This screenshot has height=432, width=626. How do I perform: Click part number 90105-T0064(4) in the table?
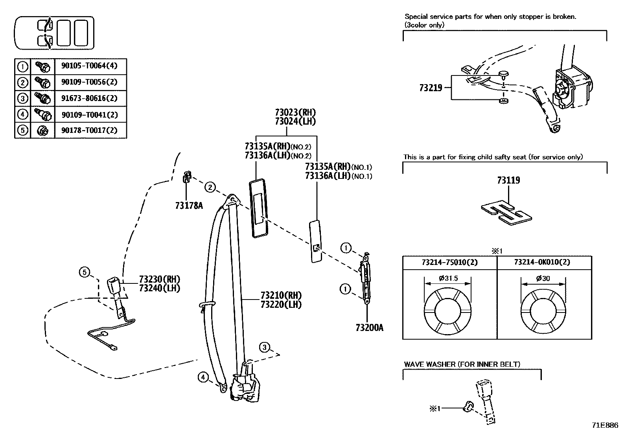click(89, 66)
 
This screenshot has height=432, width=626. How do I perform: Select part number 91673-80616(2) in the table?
click(89, 98)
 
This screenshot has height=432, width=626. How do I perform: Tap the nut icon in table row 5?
click(42, 131)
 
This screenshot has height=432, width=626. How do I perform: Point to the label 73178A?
click(189, 205)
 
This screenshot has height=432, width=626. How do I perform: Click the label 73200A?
click(369, 327)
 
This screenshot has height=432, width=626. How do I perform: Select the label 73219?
click(431, 88)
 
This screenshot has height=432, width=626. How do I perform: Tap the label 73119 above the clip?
click(508, 180)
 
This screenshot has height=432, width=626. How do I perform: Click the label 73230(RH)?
click(159, 279)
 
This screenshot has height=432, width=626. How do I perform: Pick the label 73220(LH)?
click(281, 304)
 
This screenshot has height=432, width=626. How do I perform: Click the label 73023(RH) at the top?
click(295, 113)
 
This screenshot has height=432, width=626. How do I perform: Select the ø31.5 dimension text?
click(448, 278)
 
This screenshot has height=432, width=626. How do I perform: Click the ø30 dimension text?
click(543, 278)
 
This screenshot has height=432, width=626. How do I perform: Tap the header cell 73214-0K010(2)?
click(545, 262)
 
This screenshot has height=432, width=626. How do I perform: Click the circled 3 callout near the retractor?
click(265, 347)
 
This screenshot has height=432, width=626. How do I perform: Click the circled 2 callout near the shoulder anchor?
click(211, 188)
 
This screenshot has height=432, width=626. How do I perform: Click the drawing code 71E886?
click(605, 425)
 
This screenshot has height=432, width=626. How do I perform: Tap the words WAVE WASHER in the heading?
click(429, 364)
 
